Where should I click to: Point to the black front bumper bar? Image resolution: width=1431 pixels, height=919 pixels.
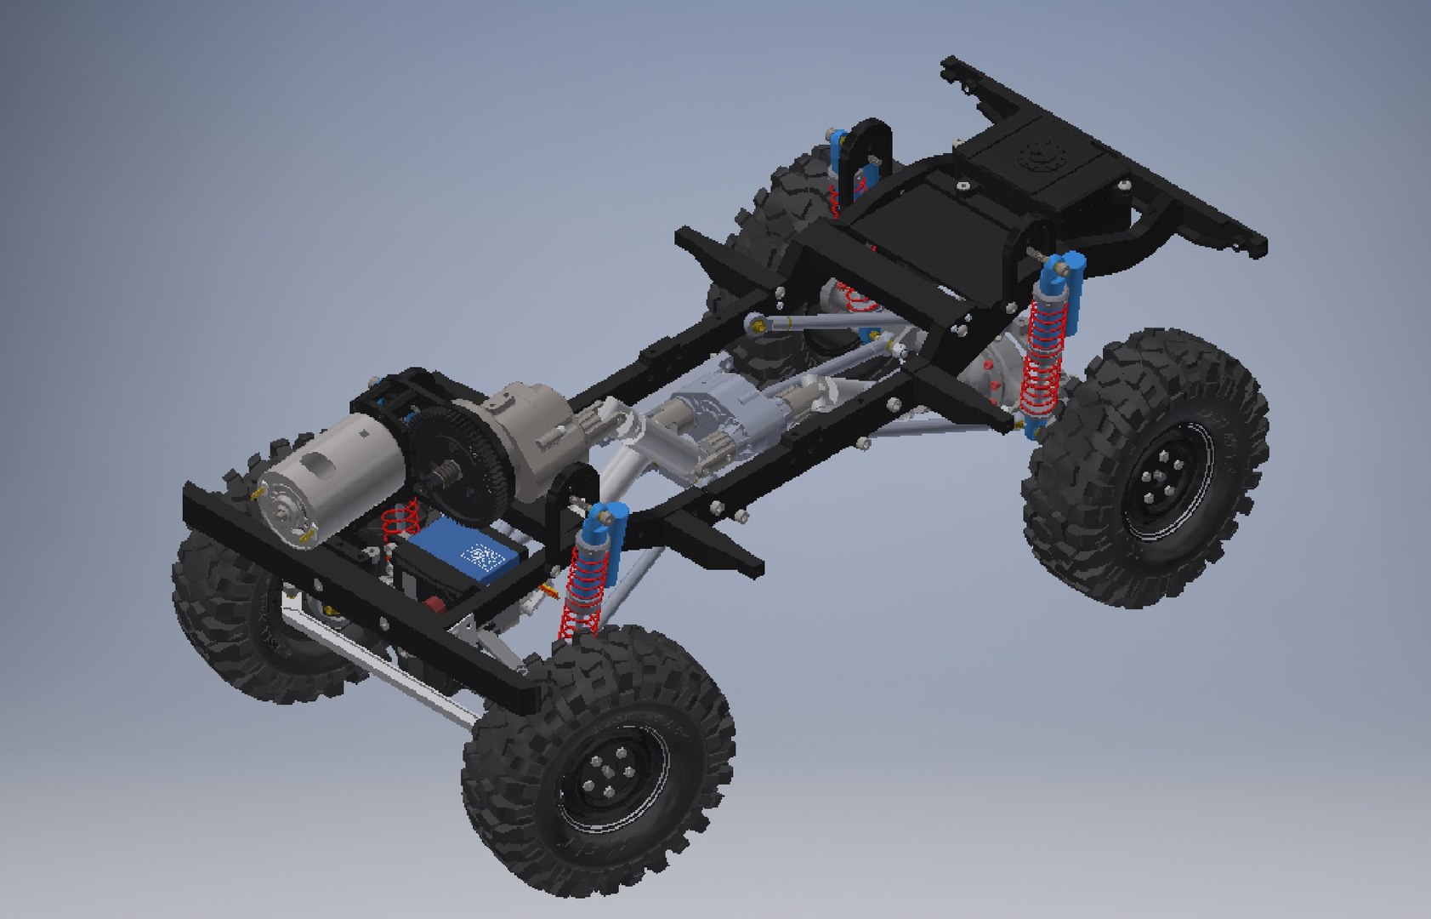click(x=357, y=587)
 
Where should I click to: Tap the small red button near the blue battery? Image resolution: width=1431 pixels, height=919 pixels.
click(x=433, y=606)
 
